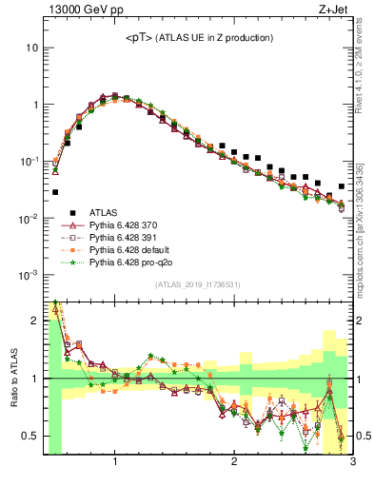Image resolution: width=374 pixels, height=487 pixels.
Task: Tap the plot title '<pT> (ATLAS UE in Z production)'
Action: coord(199,37)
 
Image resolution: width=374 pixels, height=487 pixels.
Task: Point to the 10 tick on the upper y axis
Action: coord(32,48)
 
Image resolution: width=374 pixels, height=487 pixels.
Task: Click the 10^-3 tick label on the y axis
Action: coord(28,275)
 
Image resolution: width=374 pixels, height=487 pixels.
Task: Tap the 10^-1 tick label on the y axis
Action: coord(28,162)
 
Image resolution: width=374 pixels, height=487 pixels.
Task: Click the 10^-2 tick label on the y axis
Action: coord(28,219)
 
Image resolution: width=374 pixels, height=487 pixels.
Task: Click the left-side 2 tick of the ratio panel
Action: coord(35,321)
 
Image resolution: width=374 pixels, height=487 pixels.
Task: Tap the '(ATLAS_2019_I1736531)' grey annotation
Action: coord(198,284)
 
